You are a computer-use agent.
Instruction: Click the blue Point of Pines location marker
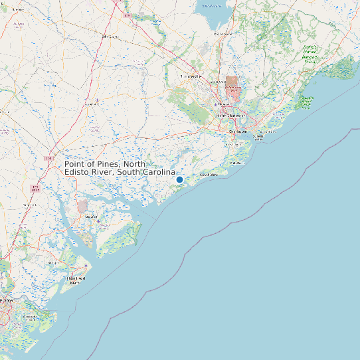(x=179, y=179)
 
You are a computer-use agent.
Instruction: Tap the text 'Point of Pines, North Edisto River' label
(x=120, y=168)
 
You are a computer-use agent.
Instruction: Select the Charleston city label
(x=237, y=132)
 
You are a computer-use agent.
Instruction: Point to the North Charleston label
(x=230, y=116)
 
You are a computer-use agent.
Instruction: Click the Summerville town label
(x=191, y=77)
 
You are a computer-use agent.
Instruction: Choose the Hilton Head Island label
(x=76, y=280)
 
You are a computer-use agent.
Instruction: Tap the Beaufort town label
(x=91, y=217)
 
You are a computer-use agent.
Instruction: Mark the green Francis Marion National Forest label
(x=310, y=52)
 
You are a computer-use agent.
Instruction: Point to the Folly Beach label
(x=209, y=174)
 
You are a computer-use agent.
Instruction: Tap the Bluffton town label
(x=53, y=263)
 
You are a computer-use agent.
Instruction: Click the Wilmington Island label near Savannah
(x=30, y=317)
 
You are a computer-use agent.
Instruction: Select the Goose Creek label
(x=219, y=82)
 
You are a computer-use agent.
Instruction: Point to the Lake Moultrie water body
(x=213, y=10)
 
